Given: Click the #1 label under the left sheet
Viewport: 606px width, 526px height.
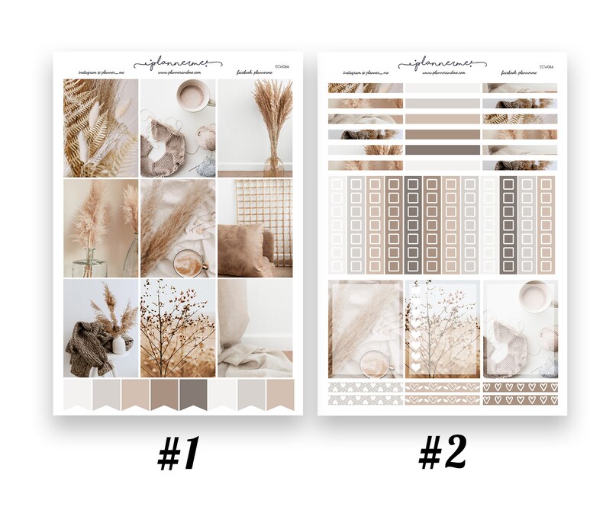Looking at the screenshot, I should click(x=179, y=455).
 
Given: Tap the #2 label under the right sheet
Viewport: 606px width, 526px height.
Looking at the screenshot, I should click(x=442, y=454).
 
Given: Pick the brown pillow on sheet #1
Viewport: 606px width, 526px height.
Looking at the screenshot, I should click(x=243, y=249).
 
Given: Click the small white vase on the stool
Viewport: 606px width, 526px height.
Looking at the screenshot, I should click(x=118, y=344).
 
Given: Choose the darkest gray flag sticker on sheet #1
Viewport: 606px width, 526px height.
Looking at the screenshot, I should click(x=192, y=395).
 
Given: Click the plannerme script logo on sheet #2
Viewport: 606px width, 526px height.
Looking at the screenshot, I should click(x=443, y=63).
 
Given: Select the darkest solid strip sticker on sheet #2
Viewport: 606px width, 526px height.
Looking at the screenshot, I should click(x=442, y=149).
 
